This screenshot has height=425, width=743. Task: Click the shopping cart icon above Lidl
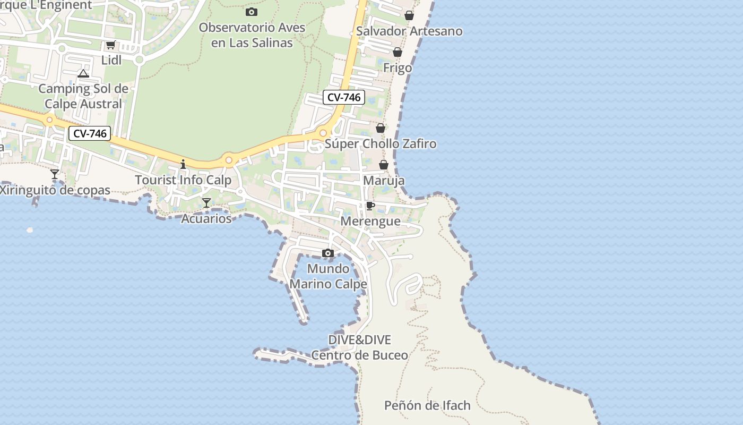click(110, 45)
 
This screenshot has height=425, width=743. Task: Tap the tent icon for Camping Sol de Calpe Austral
click(83, 73)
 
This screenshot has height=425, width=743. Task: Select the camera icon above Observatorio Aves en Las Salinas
click(252, 12)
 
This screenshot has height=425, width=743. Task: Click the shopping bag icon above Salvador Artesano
click(409, 15)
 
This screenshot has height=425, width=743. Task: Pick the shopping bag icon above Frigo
click(398, 52)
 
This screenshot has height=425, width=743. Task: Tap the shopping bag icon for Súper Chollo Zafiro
click(381, 128)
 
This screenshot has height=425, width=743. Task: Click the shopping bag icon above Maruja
click(384, 165)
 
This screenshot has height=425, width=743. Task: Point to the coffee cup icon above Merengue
click(370, 206)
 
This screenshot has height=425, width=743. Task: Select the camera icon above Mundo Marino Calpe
click(328, 253)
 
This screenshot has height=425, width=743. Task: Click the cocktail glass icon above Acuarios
click(206, 202)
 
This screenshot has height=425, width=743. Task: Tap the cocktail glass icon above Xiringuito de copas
click(55, 174)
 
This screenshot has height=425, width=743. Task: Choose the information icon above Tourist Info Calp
click(183, 164)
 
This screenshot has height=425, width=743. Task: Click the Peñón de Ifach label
click(427, 405)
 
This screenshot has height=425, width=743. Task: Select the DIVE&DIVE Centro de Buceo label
click(360, 347)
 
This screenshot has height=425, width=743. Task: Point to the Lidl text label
click(111, 60)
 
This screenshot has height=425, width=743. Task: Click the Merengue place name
click(370, 221)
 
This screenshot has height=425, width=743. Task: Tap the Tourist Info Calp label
click(183, 180)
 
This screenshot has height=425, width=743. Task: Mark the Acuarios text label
click(206, 218)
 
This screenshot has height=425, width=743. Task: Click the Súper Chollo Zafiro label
click(381, 143)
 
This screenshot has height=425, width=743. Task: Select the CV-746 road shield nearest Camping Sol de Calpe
click(89, 133)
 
